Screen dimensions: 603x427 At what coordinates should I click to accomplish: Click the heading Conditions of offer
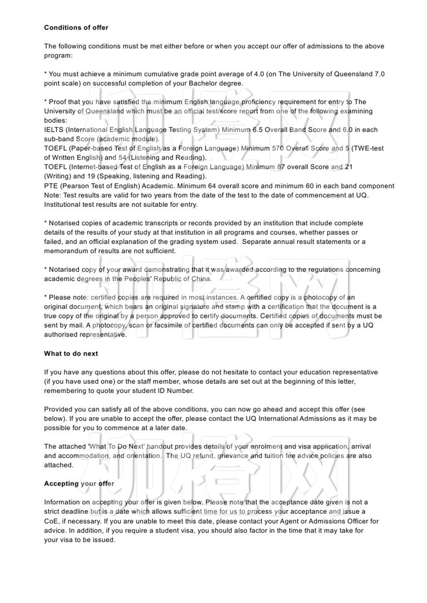tap(76, 28)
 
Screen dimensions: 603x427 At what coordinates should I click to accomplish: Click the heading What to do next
tap(71, 354)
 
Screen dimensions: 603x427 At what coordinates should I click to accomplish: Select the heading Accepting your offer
tap(79, 484)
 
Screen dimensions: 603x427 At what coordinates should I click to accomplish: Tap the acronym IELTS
tap(54, 130)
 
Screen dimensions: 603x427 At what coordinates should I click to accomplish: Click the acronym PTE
tap(51, 186)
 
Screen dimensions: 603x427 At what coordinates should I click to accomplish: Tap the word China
tap(201, 279)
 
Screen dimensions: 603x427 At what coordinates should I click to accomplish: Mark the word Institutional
tap(62, 205)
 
